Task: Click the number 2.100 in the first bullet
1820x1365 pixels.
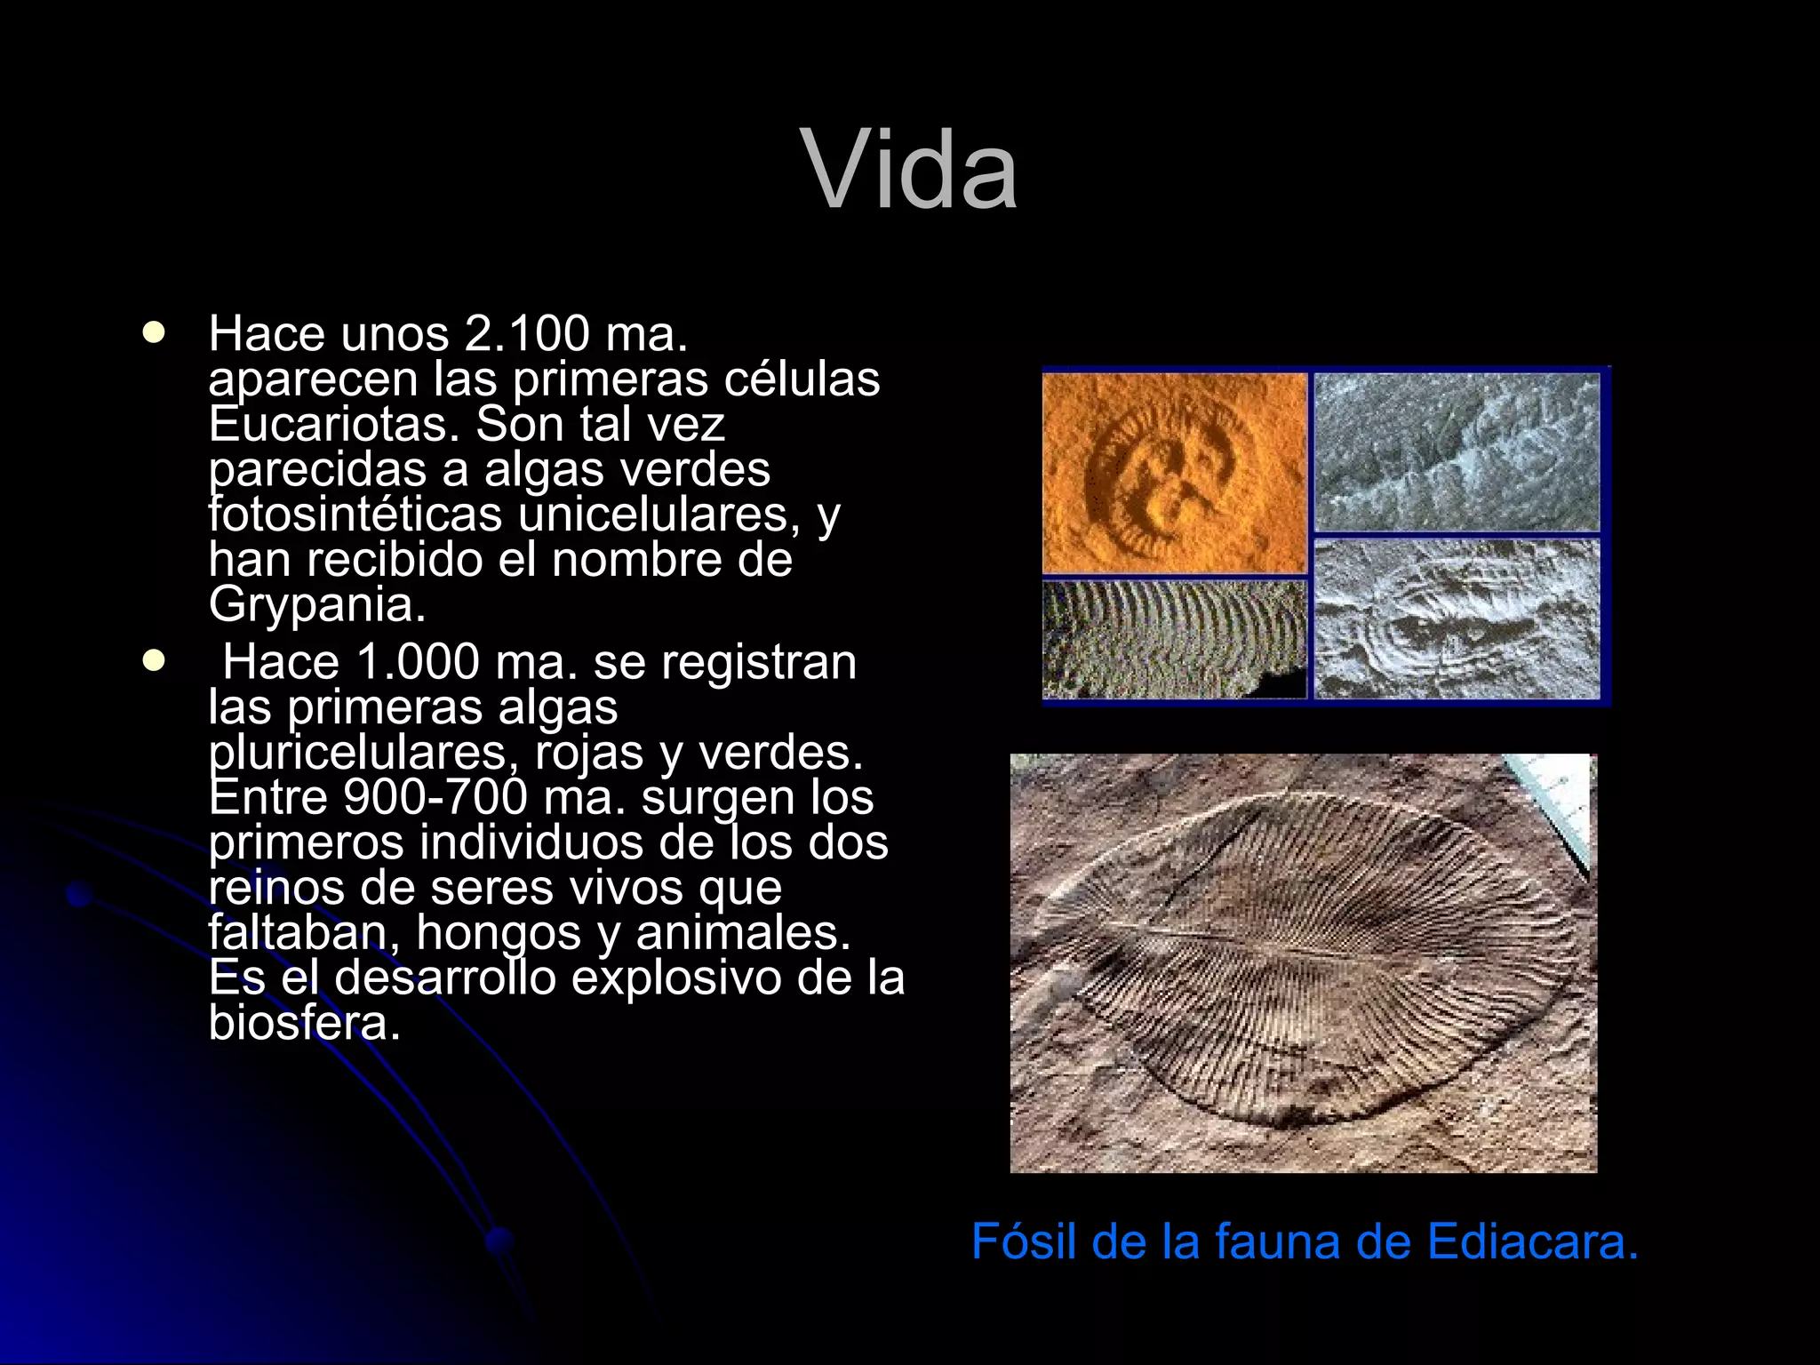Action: pos(527,334)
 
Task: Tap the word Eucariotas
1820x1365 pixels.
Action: pos(333,425)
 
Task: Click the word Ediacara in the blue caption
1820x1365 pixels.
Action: pos(1532,1242)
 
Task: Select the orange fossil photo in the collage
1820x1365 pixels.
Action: pos(1174,473)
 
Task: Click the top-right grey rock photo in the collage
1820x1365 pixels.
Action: pos(1457,451)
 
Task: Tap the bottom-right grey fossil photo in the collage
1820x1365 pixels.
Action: pos(1457,619)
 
